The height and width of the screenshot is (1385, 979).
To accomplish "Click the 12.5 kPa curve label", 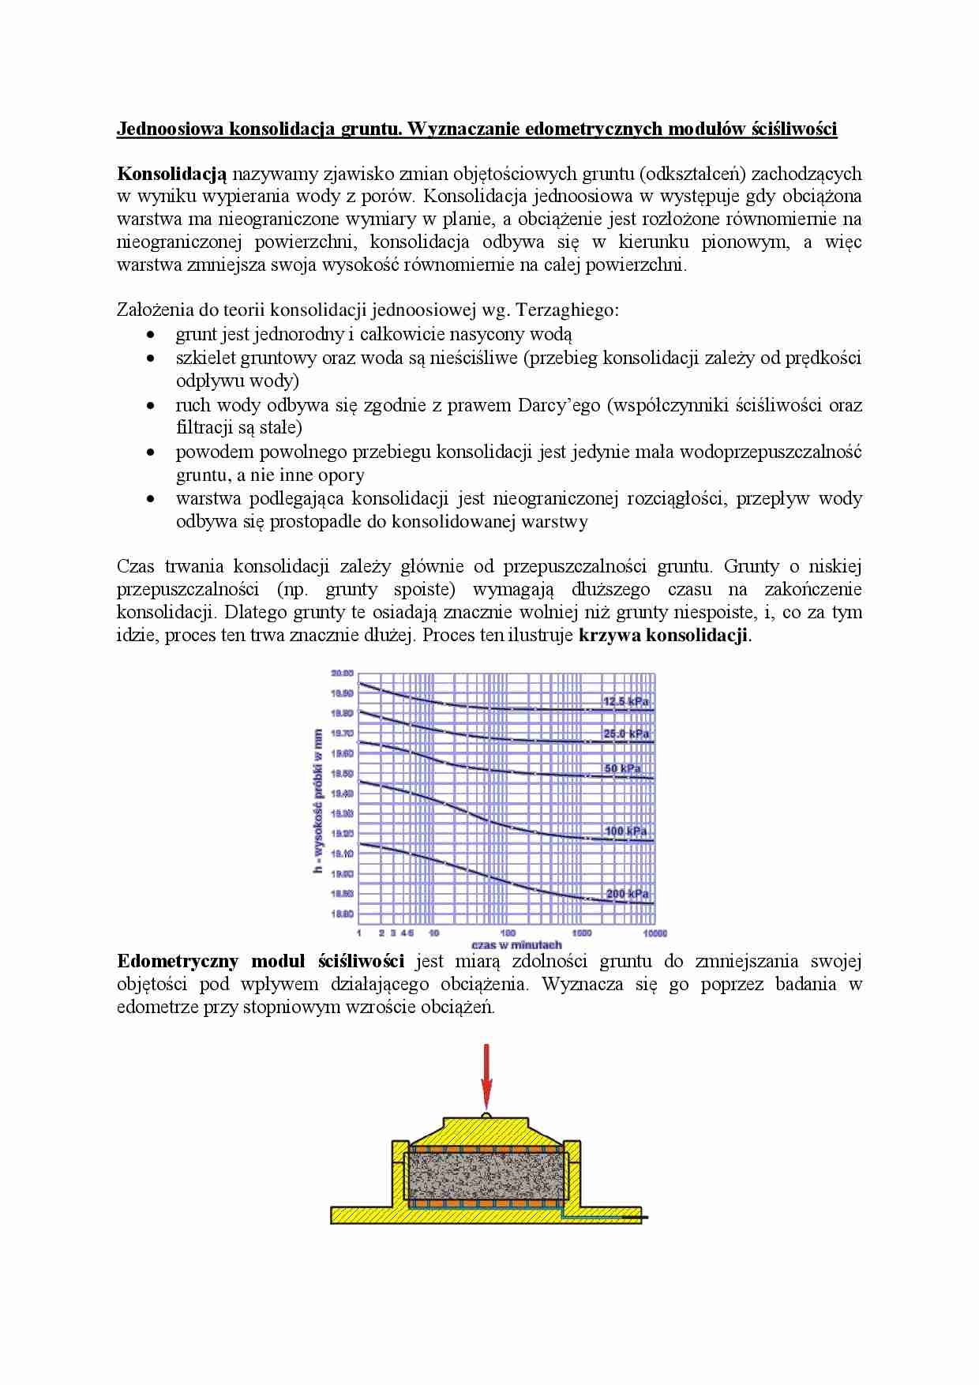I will tap(625, 701).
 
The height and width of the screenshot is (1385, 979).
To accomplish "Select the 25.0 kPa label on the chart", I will tap(625, 734).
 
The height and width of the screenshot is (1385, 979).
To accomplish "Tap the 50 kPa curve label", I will tap(622, 768).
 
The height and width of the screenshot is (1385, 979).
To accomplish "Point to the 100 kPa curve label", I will tap(625, 831).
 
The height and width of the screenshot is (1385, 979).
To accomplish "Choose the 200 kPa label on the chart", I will tap(627, 894).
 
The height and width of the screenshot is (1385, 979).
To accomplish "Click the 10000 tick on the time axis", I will tap(655, 933).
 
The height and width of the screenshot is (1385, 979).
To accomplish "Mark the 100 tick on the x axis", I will tap(508, 933).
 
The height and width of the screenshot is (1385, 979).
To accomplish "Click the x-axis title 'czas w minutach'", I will tap(516, 944).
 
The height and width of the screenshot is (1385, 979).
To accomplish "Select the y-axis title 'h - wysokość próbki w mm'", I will tap(318, 801).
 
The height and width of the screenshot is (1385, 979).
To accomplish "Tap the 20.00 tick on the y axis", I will tap(342, 674).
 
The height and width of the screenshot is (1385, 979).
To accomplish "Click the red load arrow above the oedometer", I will tap(486, 1075).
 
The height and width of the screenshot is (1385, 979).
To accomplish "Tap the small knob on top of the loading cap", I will tap(486, 1115).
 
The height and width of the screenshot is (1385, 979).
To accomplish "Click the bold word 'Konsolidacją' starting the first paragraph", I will tap(171, 175).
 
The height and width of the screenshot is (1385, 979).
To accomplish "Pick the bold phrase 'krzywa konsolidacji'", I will tap(664, 636).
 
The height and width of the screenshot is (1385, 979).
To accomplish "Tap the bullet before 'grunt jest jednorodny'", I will tap(151, 335).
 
